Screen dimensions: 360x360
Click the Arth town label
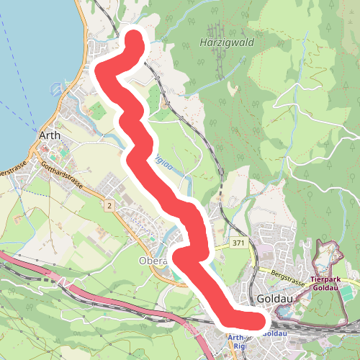coord(50,135)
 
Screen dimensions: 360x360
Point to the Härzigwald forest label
coord(227,43)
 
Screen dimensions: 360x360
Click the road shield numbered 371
coord(239,245)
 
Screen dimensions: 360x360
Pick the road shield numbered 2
coord(109,207)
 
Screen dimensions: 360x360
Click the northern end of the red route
coord(134,37)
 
